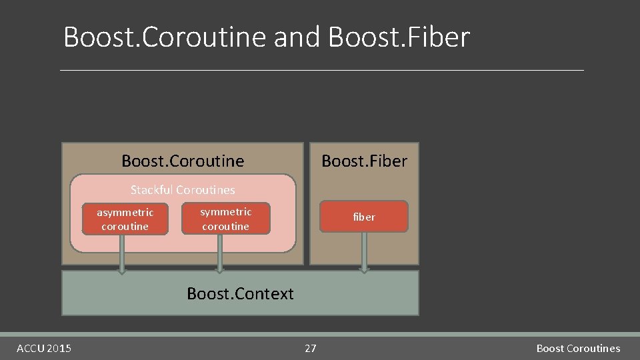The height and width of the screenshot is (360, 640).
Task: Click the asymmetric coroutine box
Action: pyautogui.click(x=125, y=219)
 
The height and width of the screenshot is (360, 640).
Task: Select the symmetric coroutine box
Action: pyautogui.click(x=226, y=219)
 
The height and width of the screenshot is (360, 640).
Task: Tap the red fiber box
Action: pyautogui.click(x=363, y=217)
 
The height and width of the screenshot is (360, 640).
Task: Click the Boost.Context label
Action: pyautogui.click(x=240, y=294)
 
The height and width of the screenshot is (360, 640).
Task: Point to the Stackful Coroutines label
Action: pyautogui.click(x=183, y=190)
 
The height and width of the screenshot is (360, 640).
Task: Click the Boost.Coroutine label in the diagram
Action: pyautogui.click(x=183, y=161)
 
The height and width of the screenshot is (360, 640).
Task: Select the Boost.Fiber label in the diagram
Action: pyautogui.click(x=364, y=161)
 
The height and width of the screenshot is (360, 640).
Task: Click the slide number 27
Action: pyautogui.click(x=311, y=348)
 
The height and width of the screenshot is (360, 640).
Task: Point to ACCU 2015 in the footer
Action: pyautogui.click(x=44, y=348)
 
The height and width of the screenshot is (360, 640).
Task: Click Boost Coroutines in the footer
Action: pyautogui.click(x=578, y=348)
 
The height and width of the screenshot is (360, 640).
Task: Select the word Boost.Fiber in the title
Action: pyautogui.click(x=399, y=37)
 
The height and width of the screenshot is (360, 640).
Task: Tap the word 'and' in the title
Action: pyautogui.click(x=298, y=37)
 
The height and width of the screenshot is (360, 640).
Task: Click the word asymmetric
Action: pyautogui.click(x=125, y=213)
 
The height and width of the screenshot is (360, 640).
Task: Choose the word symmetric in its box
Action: pyautogui.click(x=226, y=212)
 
